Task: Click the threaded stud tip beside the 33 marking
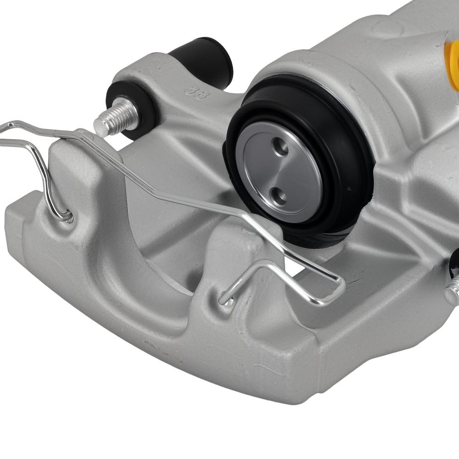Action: click(104, 123)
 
